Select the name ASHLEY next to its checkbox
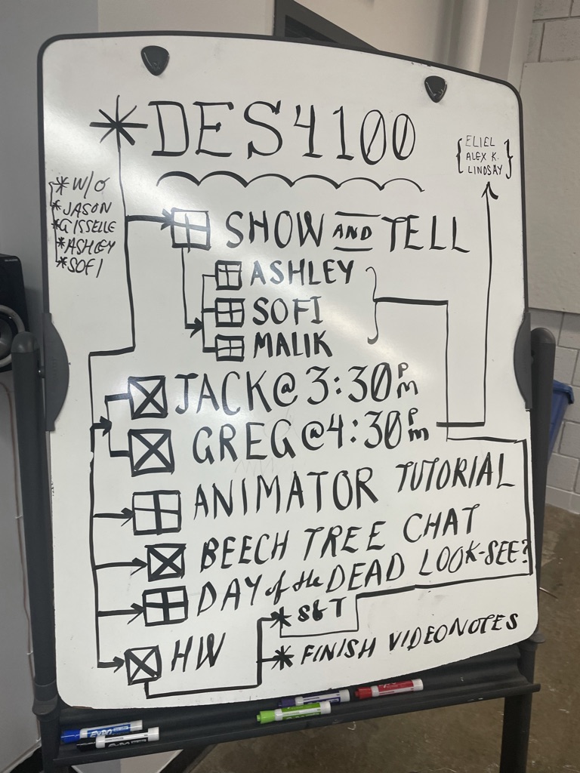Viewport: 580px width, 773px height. point(302,273)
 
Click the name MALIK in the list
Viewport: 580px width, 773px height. point(292,345)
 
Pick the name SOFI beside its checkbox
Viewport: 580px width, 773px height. point(288,310)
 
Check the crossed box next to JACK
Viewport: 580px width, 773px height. point(147,397)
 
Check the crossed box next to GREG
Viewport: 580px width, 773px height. point(152,451)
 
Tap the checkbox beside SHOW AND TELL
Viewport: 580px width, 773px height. point(190,229)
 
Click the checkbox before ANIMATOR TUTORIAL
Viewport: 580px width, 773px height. point(157,512)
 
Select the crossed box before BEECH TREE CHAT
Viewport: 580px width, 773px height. point(166,562)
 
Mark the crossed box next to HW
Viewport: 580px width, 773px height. point(143,665)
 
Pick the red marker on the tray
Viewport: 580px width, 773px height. point(390,688)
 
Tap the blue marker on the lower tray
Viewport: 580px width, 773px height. point(101,730)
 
